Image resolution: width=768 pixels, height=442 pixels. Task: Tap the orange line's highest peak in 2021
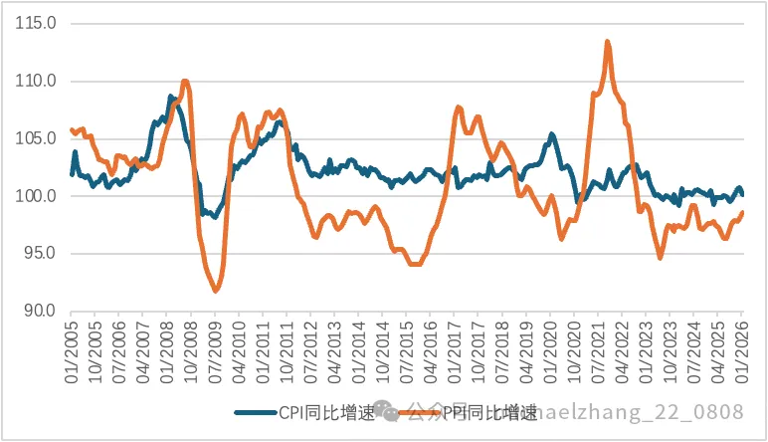point(607,42)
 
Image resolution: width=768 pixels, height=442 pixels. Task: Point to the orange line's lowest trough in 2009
point(216,290)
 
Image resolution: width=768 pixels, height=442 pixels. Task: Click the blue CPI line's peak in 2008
point(171,97)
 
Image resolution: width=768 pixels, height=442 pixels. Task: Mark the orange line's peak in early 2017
point(459,108)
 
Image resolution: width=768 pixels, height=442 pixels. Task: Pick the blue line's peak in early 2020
point(551,134)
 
